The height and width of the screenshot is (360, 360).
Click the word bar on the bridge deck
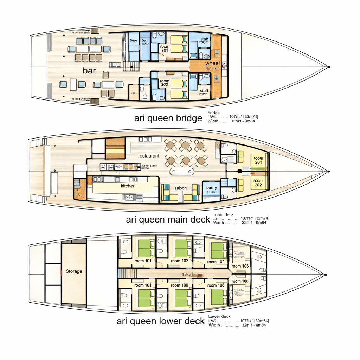click(x=89, y=71)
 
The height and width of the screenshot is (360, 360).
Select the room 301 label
click(x=165, y=49)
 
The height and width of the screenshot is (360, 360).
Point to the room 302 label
click(x=164, y=83)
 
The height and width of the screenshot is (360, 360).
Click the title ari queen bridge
click(x=168, y=118)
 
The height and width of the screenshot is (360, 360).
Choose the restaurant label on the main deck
click(x=149, y=156)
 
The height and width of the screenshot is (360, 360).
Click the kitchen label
click(x=128, y=186)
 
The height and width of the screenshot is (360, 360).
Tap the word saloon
click(x=181, y=188)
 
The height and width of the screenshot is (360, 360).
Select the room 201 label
click(x=258, y=160)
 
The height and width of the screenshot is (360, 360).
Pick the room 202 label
click(x=258, y=183)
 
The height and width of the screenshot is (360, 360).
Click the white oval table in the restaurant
click(x=182, y=172)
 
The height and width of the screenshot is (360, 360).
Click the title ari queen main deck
click(x=168, y=220)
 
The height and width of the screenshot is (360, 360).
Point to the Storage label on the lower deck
click(x=74, y=271)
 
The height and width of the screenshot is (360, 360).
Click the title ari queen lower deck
click(x=160, y=321)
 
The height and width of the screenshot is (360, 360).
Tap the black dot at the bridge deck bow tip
click(x=328, y=66)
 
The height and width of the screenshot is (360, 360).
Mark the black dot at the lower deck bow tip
click(x=326, y=275)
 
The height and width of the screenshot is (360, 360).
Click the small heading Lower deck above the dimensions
click(x=219, y=316)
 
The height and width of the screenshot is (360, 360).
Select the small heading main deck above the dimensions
click(x=223, y=214)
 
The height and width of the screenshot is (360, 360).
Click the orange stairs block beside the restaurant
click(x=115, y=148)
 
